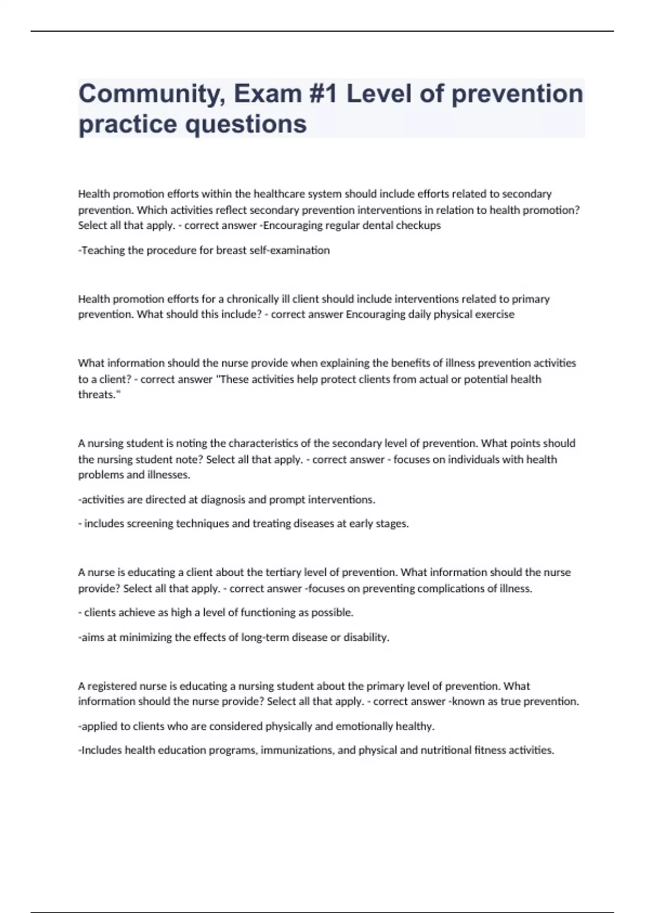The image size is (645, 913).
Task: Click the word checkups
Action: pyautogui.click(x=418, y=226)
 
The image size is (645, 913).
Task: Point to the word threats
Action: pyautogui.click(x=98, y=395)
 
